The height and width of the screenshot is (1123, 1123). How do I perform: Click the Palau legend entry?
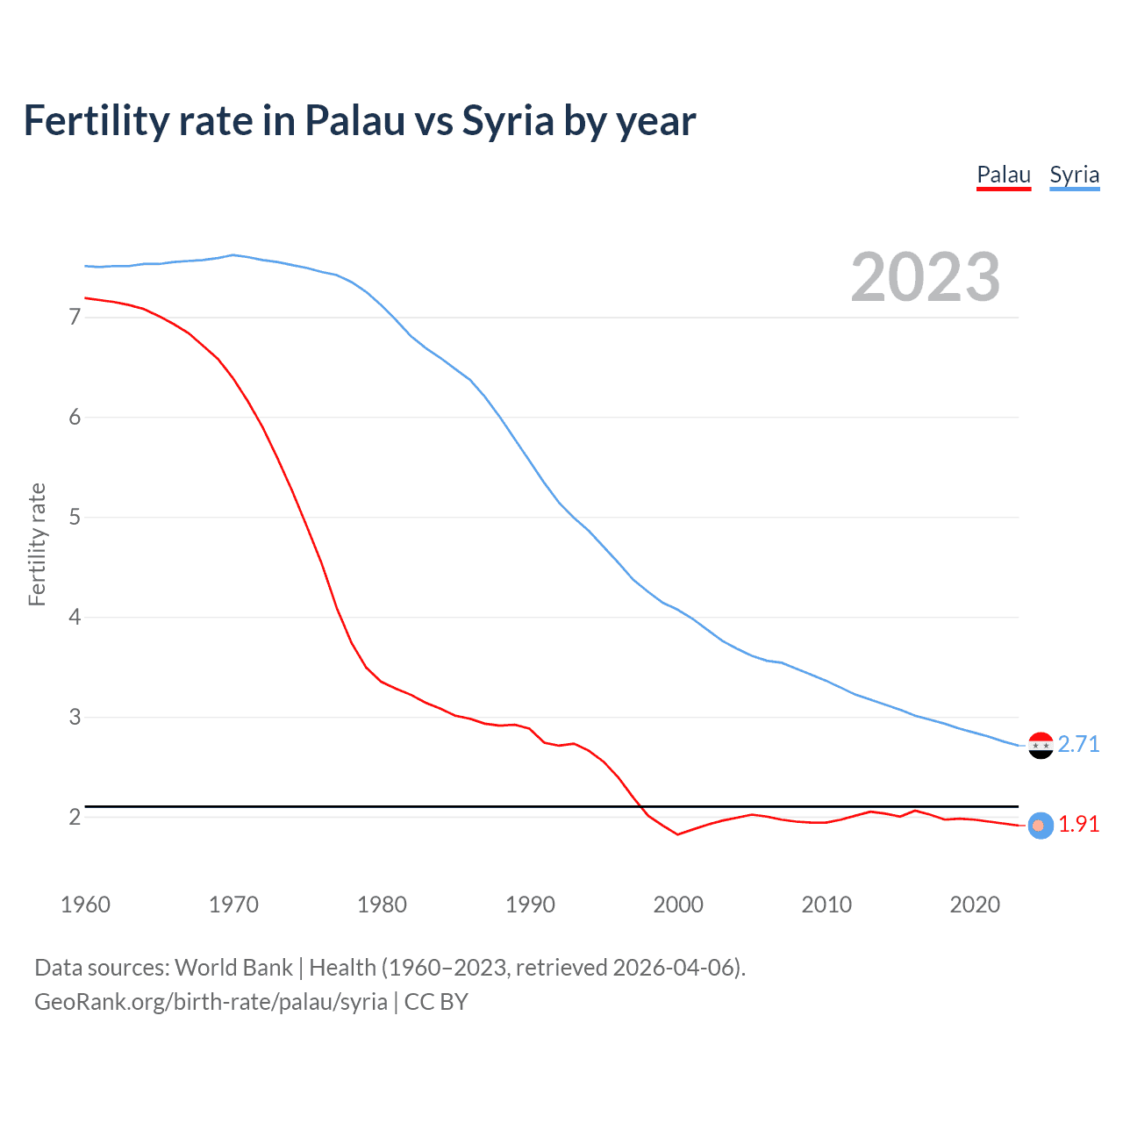click(1004, 175)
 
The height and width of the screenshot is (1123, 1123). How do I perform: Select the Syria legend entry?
click(1074, 175)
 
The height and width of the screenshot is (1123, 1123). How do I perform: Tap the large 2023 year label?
click(925, 277)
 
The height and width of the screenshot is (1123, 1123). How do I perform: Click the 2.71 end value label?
click(1078, 744)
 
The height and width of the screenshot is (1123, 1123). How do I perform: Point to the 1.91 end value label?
click(1078, 825)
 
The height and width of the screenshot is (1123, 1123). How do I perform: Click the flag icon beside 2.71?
click(1041, 745)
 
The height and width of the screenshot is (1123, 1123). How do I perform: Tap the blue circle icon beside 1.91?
click(1040, 826)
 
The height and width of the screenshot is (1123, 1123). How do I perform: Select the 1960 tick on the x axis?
click(85, 905)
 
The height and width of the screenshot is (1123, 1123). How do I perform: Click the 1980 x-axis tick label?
click(382, 905)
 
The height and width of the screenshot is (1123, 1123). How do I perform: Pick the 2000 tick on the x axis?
click(678, 905)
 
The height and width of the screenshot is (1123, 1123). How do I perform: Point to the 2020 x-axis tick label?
click(975, 905)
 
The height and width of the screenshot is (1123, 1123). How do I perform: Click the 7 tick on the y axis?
click(74, 317)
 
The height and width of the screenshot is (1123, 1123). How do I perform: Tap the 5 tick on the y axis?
click(74, 517)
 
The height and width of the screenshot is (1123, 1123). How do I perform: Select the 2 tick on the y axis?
click(74, 817)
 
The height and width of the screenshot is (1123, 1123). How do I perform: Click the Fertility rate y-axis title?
click(37, 544)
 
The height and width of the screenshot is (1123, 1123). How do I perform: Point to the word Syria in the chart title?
click(508, 121)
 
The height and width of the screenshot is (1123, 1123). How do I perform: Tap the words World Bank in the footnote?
click(233, 968)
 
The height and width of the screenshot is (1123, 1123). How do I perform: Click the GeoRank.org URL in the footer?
click(211, 1002)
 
